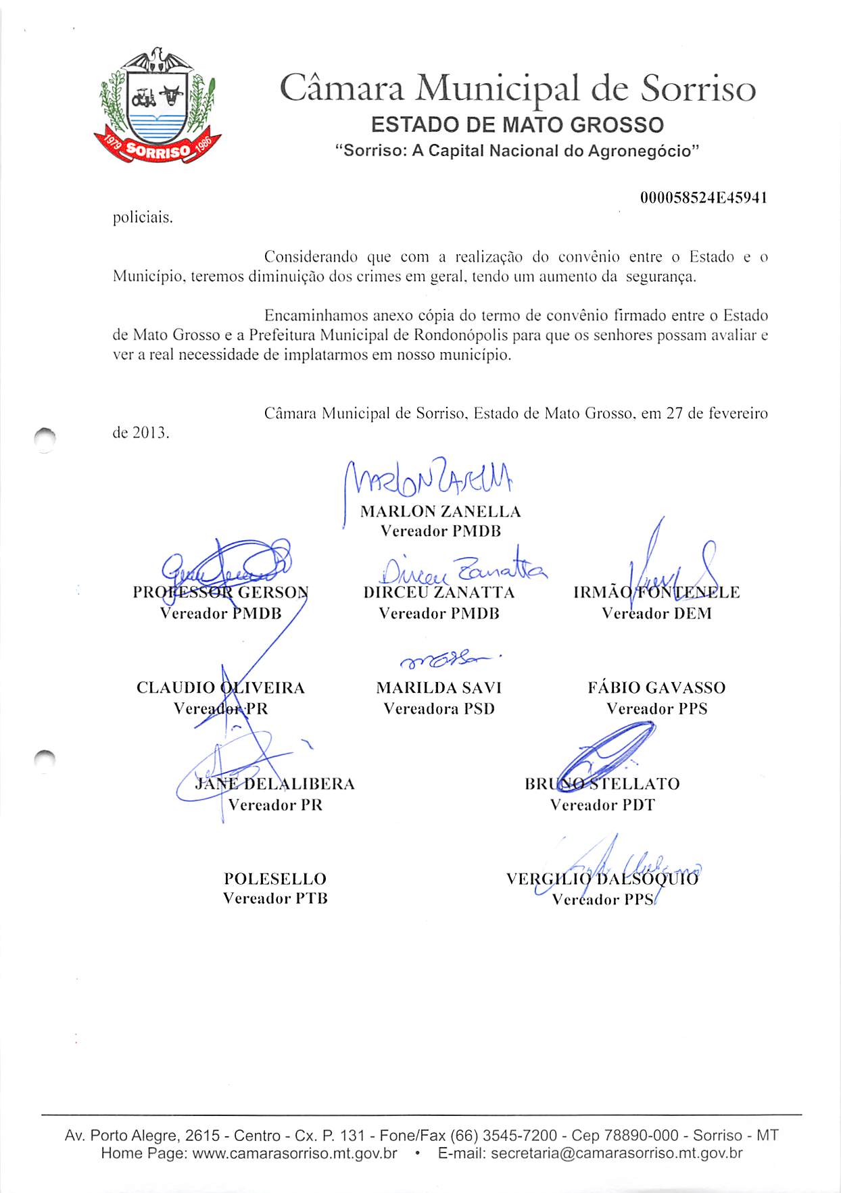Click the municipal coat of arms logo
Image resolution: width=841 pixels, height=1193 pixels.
coord(158,106)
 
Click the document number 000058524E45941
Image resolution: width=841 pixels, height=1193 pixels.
coord(703,198)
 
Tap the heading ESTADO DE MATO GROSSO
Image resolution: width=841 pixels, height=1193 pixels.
coord(517,125)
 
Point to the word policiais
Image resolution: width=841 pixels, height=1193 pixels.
coord(143,218)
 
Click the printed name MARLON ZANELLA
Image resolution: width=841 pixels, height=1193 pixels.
coord(440,512)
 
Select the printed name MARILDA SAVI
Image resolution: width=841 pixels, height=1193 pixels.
coord(439,688)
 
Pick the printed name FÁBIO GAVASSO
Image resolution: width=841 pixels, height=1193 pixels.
coord(656,688)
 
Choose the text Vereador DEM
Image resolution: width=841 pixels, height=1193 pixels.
coord(656,614)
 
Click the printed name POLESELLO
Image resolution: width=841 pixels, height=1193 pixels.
coord(275,879)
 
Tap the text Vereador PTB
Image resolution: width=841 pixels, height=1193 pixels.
coord(275,898)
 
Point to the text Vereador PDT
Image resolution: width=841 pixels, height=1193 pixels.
coord(602,805)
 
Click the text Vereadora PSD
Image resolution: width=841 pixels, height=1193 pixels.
coord(439,709)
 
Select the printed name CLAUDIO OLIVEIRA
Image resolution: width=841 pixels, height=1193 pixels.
coord(220,688)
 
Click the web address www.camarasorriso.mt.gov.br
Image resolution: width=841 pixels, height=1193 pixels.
coord(295,1153)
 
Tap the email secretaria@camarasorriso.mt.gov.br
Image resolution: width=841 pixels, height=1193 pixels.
coord(617,1153)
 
